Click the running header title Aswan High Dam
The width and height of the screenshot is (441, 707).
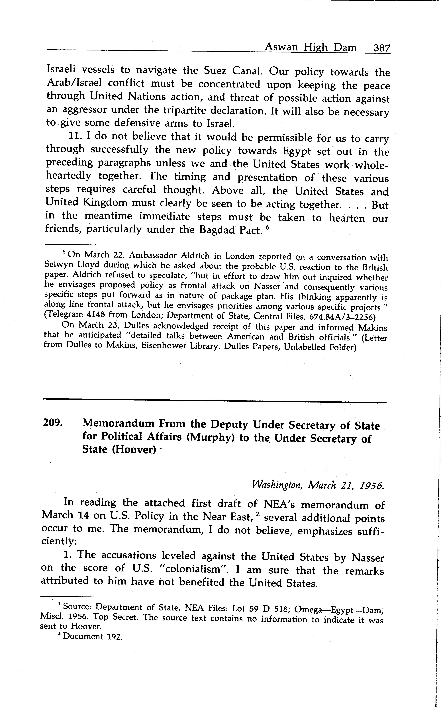[310, 47]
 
